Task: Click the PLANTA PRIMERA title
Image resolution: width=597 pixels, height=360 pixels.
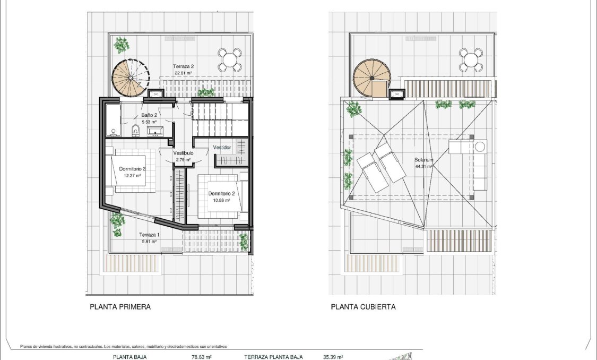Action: pos(120,307)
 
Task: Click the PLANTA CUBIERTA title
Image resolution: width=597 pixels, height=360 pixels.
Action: pos(363,307)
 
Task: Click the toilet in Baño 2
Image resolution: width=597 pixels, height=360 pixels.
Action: pos(135,129)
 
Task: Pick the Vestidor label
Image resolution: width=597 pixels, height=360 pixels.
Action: pos(222,147)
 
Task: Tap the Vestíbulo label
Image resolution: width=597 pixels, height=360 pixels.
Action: pos(183,153)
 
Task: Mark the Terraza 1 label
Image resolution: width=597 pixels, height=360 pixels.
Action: pos(149,235)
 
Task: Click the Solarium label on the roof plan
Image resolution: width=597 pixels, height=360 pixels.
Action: pos(424,160)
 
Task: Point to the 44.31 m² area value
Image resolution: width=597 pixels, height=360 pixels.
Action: pos(424,166)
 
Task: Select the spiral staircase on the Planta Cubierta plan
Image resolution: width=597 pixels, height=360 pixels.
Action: pos(371,78)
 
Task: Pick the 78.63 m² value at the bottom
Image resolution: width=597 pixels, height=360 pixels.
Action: pos(202,357)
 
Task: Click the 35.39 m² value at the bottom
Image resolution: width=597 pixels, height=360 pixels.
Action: pos(333,357)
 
